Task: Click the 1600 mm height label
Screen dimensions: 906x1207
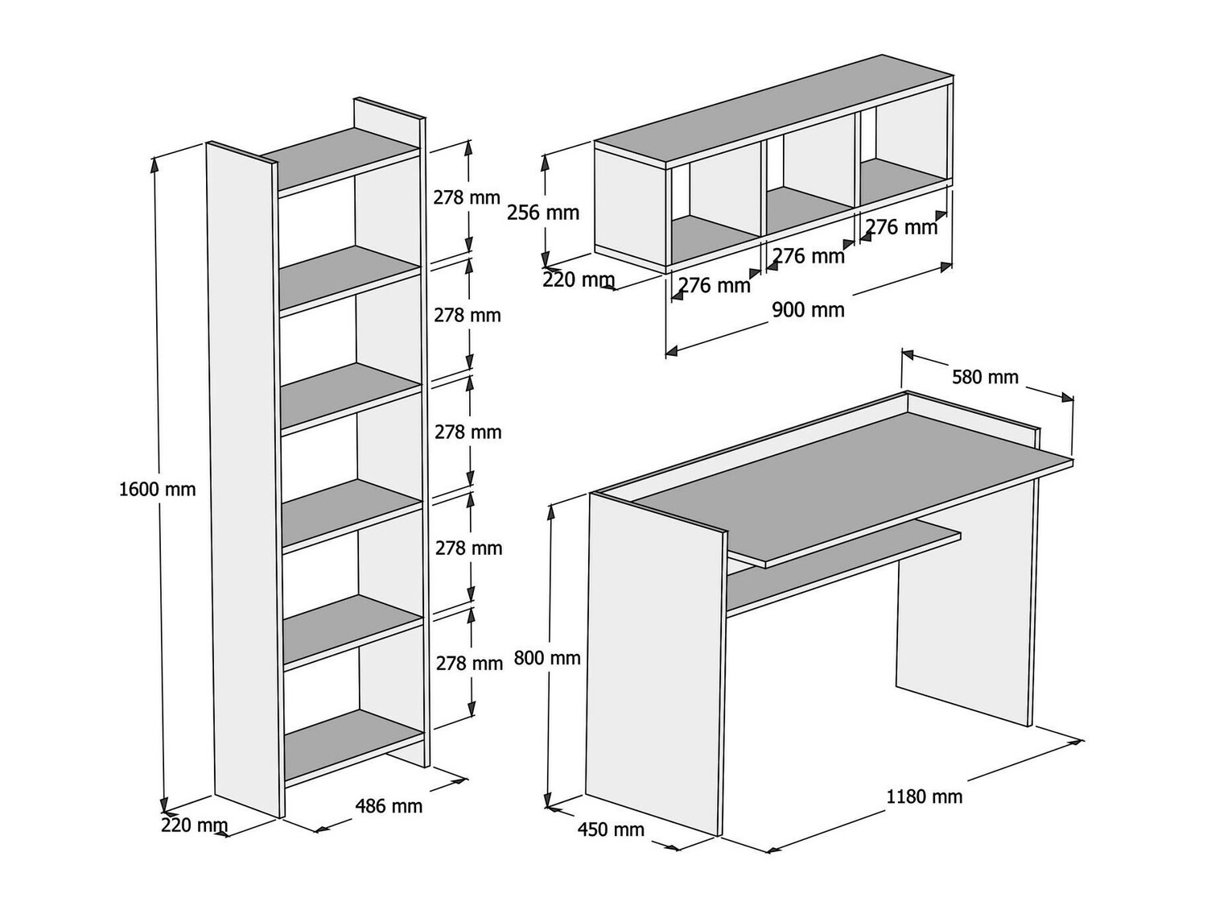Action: pos(158,489)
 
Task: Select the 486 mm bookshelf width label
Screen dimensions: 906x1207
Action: pos(389,805)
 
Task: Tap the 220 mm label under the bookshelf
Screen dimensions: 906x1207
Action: pos(194,825)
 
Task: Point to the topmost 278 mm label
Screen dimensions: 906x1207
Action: pos(467,197)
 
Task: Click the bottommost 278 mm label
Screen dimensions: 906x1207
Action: pos(469,664)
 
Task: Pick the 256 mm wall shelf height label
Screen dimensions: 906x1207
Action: pos(543,213)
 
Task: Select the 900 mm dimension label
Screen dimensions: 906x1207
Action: pos(808,310)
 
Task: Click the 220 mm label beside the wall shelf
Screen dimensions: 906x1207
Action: pos(579,281)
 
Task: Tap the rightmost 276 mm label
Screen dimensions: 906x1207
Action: pos(902,228)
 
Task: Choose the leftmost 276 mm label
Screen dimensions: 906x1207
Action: pos(714,285)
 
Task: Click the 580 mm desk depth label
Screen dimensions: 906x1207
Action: pos(985,377)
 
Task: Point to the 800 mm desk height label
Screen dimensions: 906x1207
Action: pos(547,658)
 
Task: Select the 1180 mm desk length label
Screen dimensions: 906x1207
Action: pos(924,797)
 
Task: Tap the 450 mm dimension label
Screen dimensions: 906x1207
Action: pos(611,829)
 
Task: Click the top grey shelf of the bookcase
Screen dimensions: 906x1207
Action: pos(342,161)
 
